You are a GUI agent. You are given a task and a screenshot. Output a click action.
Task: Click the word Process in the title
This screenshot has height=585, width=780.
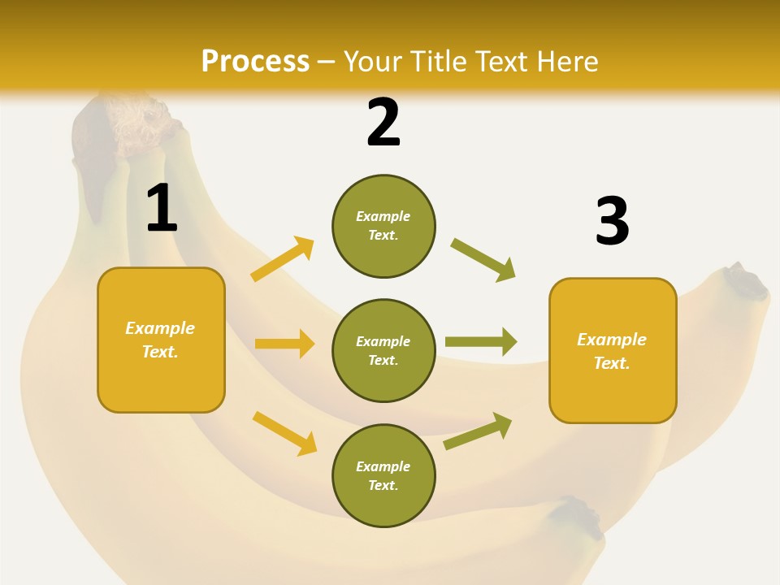pos(255,62)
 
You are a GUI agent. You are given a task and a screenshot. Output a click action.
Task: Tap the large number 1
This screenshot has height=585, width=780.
pos(162,209)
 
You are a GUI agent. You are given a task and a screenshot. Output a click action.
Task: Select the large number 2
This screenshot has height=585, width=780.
pos(383,123)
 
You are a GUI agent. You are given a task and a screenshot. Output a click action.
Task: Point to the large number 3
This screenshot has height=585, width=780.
pos(612,222)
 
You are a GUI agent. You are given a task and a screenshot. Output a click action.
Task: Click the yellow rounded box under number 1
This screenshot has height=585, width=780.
pos(161,340)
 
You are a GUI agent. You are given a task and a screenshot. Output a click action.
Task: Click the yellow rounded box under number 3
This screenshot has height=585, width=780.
pos(613,350)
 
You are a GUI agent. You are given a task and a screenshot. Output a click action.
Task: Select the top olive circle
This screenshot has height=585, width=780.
pos(383,226)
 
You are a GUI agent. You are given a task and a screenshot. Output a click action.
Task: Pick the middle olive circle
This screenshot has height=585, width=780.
pos(383,350)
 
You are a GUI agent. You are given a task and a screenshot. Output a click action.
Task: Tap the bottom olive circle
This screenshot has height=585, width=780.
pos(383,475)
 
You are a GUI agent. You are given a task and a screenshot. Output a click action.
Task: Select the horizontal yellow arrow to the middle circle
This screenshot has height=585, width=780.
pos(284,344)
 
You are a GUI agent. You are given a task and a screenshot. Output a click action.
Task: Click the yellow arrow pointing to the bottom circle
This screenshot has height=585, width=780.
pos(284,433)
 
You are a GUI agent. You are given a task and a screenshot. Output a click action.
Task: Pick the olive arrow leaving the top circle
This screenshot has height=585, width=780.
pos(483,259)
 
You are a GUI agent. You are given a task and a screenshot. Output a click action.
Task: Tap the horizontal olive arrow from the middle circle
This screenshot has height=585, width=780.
pos(481,342)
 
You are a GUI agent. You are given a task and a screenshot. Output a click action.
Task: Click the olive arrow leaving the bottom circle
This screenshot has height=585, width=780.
pos(479,431)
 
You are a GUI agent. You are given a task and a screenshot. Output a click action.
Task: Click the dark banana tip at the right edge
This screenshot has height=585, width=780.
pos(743,281)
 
